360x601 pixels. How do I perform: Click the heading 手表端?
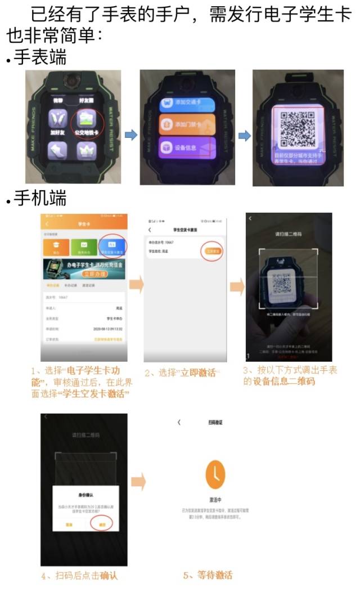39,57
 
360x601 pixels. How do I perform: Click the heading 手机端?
39,199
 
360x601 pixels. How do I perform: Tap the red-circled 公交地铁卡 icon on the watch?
87,124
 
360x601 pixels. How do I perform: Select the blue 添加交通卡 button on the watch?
187,104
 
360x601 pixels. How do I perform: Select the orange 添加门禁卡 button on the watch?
187,125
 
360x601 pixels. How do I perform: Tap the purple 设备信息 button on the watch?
187,146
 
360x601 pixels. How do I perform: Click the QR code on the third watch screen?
298,127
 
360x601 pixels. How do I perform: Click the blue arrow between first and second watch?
130,136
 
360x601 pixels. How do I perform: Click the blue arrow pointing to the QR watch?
245,136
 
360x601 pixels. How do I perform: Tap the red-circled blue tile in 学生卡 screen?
112,246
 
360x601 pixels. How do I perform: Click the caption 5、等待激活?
208,575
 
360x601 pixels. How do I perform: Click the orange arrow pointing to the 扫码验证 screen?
138,482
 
